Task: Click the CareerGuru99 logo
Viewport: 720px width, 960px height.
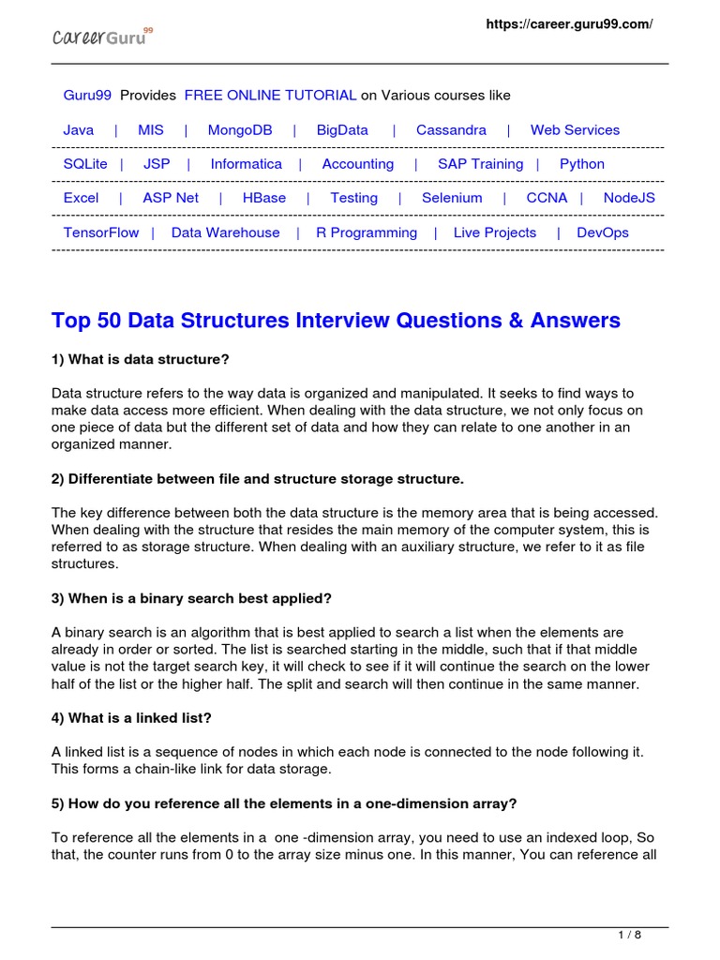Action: click(x=101, y=37)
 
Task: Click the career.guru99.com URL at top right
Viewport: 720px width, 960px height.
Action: click(x=568, y=24)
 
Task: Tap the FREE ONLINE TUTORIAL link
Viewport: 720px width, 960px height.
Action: click(x=270, y=96)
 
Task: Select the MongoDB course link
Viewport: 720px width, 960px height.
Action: click(x=240, y=130)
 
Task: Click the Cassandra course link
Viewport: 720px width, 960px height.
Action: click(x=451, y=130)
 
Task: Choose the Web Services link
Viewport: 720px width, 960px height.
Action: click(x=575, y=130)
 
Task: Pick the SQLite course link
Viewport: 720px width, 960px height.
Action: click(x=85, y=164)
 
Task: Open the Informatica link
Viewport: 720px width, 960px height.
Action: click(x=246, y=164)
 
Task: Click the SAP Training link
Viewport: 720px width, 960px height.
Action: click(x=480, y=164)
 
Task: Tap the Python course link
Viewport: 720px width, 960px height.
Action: click(x=582, y=164)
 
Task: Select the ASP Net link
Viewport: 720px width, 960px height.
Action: click(x=171, y=198)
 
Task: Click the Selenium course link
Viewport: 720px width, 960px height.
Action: click(x=452, y=198)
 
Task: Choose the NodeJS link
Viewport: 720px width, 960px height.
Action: click(x=629, y=198)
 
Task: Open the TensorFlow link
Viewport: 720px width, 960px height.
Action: click(x=100, y=232)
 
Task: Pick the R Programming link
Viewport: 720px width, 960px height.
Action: click(x=367, y=232)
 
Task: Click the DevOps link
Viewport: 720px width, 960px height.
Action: click(x=603, y=232)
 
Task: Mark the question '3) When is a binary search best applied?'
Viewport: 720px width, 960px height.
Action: click(x=192, y=598)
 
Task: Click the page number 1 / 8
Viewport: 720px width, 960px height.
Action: click(x=629, y=935)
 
